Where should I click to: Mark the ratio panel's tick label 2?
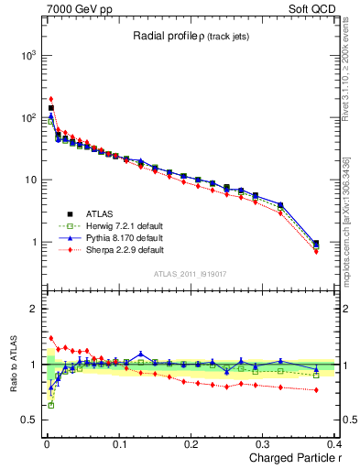(32, 309)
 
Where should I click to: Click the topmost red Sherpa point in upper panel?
(51, 99)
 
